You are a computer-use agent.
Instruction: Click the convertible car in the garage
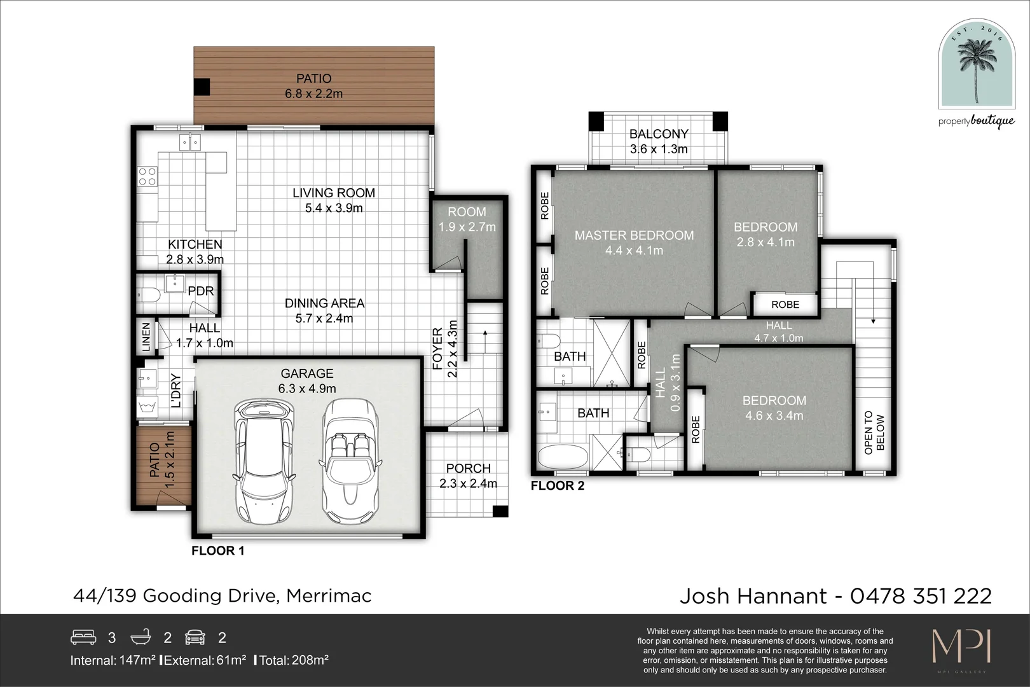click(350, 461)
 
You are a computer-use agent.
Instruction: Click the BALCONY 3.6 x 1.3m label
click(659, 141)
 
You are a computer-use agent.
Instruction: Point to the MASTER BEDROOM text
click(634, 235)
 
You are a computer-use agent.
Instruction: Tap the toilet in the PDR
click(148, 295)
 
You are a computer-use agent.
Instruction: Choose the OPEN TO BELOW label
click(874, 433)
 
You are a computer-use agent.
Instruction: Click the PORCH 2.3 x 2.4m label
click(469, 475)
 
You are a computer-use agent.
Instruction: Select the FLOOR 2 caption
click(557, 486)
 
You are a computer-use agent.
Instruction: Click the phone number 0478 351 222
click(921, 596)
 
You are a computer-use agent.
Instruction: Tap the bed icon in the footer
click(83, 637)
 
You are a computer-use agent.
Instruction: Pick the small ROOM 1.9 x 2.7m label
click(467, 219)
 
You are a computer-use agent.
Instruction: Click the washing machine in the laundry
click(148, 405)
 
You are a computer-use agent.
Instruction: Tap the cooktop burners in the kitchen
click(148, 176)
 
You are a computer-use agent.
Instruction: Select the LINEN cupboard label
click(146, 337)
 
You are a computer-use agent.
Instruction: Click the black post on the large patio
click(202, 87)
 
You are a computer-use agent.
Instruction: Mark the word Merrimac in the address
click(329, 596)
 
